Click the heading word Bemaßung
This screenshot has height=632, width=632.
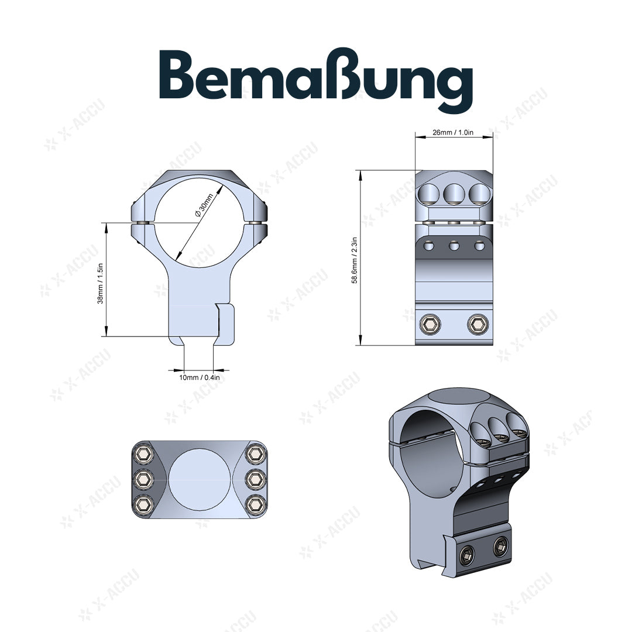pos(316,82)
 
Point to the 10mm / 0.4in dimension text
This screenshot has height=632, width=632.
pos(199,377)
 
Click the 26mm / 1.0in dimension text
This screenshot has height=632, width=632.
pos(453,133)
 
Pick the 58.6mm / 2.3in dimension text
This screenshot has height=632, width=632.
pos(355,257)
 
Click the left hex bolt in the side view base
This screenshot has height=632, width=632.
pos(431,324)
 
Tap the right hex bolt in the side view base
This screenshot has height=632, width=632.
pos(477,324)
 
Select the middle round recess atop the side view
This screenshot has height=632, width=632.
pos(454,193)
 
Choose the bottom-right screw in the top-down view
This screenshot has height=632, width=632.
pos(255,503)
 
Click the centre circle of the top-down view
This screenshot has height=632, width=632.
pos(198,479)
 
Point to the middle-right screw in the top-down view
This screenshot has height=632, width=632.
pos(255,479)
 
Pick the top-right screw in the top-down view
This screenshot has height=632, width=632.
pos(255,454)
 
